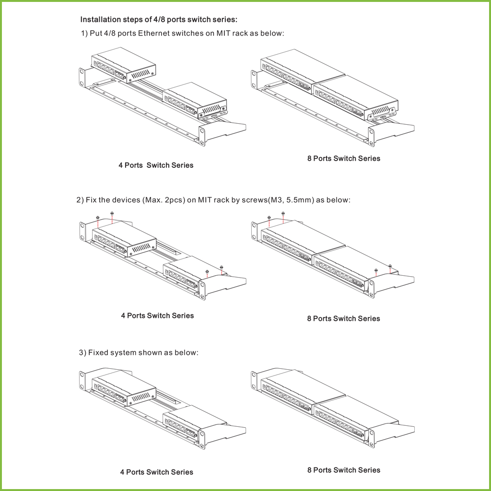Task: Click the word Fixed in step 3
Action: point(98,352)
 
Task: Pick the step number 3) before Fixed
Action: point(82,352)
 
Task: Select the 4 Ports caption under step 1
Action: point(156,165)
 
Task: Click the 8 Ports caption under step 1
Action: point(343,158)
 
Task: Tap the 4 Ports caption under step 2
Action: point(157,316)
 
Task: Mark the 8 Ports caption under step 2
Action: point(343,318)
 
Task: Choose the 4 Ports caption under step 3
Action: point(156,472)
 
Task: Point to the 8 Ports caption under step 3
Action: point(343,470)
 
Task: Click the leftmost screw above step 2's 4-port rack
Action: point(97,217)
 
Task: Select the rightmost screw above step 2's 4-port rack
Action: point(221,267)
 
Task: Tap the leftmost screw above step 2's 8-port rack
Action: point(269,217)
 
